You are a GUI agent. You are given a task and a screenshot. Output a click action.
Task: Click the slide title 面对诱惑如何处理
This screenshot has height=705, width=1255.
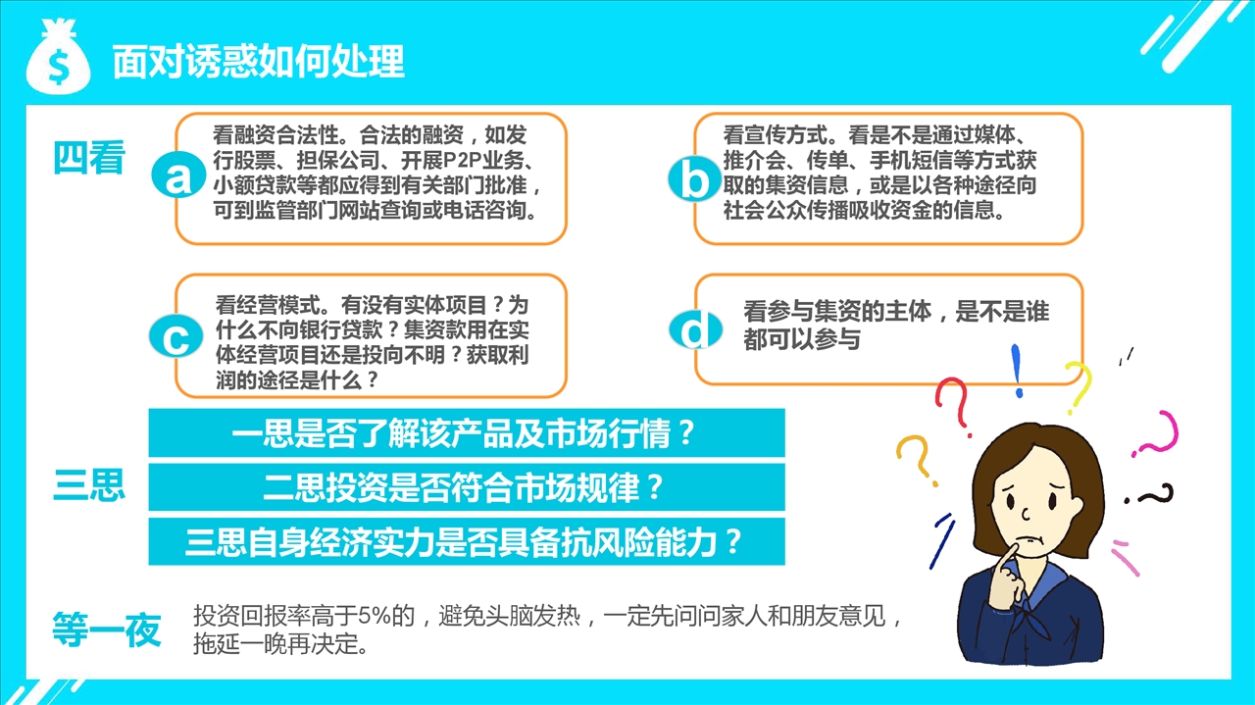pos(258,61)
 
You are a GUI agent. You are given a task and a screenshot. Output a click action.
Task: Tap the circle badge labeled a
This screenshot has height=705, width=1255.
pos(178,175)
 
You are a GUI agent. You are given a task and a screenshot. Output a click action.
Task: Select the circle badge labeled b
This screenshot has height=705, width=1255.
pos(695,178)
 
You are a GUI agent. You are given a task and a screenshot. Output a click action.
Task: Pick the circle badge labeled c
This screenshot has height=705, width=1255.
pos(176,336)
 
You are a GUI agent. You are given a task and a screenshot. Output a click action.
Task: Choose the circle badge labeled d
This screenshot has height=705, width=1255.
pos(695,328)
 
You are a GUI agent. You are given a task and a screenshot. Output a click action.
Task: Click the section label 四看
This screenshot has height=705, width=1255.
pos(88,158)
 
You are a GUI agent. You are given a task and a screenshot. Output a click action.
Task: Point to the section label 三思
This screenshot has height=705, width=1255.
pos(88,484)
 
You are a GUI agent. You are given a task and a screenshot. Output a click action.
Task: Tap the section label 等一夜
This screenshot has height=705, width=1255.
pos(107,629)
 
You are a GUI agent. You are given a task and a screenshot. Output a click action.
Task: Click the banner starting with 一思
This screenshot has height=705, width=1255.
pos(466,432)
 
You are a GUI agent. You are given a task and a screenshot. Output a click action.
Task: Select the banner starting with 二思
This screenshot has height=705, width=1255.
pos(466,487)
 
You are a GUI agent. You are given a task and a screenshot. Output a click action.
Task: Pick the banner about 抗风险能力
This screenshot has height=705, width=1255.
pos(466,541)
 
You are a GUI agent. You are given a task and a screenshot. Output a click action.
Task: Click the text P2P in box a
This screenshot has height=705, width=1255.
pos(462,161)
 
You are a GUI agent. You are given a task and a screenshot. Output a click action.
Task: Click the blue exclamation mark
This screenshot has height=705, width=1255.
pos(1017,371)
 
